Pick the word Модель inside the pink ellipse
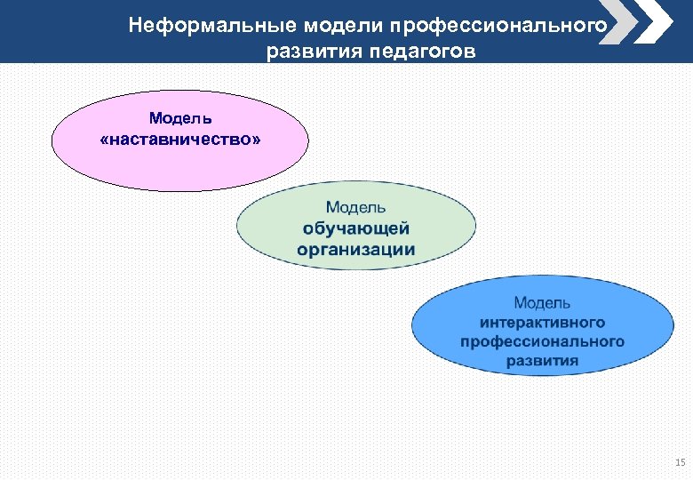[x=180, y=117]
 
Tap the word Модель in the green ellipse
[x=355, y=207]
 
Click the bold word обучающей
[x=355, y=228]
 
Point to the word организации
[x=355, y=249]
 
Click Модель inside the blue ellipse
[x=543, y=304]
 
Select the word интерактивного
[x=543, y=323]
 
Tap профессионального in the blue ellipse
[x=543, y=341]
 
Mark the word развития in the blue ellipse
[x=543, y=361]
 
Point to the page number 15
[x=680, y=462]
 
